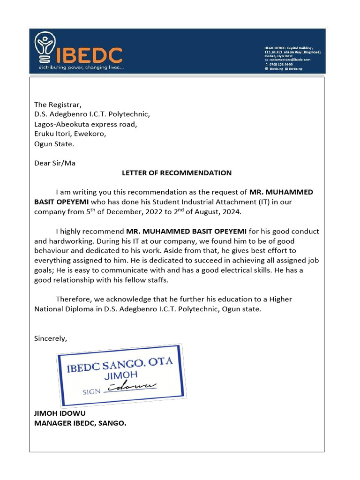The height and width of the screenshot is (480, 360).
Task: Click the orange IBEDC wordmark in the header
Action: (x=89, y=55)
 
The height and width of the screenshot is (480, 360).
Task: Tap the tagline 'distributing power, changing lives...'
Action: (x=80, y=68)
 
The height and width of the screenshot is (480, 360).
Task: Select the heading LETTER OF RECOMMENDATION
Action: (x=177, y=173)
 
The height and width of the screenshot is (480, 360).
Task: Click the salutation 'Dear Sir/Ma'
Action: (x=55, y=164)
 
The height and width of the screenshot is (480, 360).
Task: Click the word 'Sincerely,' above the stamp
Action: (x=51, y=338)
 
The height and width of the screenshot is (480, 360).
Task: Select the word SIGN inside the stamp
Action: (x=91, y=391)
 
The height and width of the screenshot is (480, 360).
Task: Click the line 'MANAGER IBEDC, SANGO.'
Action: (x=80, y=423)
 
